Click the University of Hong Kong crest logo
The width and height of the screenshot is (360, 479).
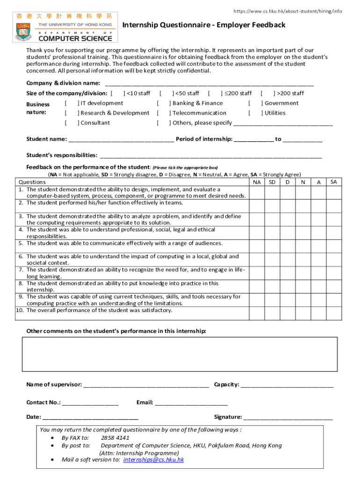click(24, 34)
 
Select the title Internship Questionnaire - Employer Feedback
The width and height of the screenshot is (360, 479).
click(204, 25)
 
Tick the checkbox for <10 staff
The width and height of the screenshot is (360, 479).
click(117, 94)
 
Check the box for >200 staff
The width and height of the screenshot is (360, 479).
click(267, 94)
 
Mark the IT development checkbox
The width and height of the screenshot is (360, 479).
click(71, 103)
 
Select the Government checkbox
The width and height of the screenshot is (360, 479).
click(255, 103)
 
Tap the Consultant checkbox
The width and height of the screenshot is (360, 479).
click(71, 123)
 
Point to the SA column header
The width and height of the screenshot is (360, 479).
click(333, 181)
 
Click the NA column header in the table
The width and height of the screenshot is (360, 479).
click(257, 181)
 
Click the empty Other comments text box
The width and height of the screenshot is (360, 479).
click(180, 354)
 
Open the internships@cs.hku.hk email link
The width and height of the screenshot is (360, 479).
click(153, 460)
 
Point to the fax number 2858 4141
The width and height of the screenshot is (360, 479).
click(115, 438)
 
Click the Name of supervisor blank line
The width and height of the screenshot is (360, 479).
click(146, 385)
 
